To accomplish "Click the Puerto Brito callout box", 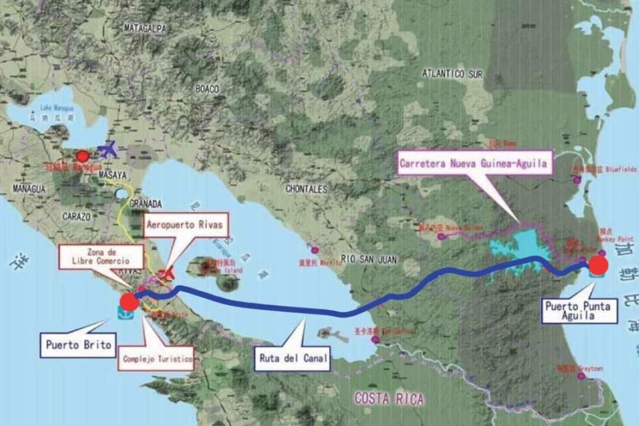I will (x=78, y=344).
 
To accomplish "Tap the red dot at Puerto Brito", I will (x=128, y=301).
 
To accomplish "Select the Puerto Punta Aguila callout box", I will (x=579, y=310).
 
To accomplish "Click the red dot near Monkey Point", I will (x=598, y=266).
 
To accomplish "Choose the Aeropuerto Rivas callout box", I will (x=184, y=225).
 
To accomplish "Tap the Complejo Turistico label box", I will (x=157, y=359).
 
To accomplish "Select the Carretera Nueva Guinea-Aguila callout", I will (x=473, y=164).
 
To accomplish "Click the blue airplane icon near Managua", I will (x=109, y=150).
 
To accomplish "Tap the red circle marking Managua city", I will (x=83, y=156).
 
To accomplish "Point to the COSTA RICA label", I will (x=389, y=399).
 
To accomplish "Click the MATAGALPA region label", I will (x=145, y=27).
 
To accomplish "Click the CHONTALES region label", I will (x=306, y=189).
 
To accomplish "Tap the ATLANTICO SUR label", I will (x=452, y=74).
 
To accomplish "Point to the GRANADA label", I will (x=145, y=204).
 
